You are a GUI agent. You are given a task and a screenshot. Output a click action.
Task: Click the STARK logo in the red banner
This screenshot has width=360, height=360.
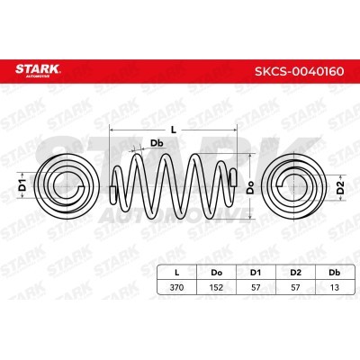pyautogui.click(x=38, y=70)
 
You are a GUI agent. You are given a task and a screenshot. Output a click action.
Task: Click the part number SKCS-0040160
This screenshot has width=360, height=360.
pyautogui.click(x=299, y=71)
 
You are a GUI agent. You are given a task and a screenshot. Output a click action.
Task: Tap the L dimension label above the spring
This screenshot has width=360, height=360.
pyautogui.click(x=174, y=130)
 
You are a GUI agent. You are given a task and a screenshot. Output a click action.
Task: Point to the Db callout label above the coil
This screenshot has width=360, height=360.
pyautogui.click(x=157, y=143)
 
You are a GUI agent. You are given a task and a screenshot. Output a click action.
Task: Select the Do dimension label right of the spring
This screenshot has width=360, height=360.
pyautogui.click(x=250, y=187)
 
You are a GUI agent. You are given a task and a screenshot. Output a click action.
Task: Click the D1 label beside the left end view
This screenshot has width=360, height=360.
pyautogui.click(x=22, y=184)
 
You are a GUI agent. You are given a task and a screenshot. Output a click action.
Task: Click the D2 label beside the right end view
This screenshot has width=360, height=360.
pyautogui.click(x=340, y=187)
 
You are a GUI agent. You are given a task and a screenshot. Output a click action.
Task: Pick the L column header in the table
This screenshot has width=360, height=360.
pyautogui.click(x=177, y=273)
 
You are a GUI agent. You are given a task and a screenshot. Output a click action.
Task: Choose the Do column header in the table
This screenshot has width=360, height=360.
pyautogui.click(x=217, y=273)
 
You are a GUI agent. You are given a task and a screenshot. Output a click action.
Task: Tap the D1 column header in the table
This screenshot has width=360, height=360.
pyautogui.click(x=256, y=273)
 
